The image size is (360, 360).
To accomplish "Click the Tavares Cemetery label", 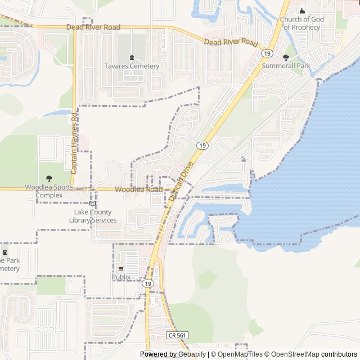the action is pyautogui.click(x=132, y=66).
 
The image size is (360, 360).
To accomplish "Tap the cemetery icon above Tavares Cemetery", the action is pyautogui.click(x=132, y=57).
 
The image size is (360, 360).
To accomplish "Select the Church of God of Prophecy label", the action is pyautogui.click(x=301, y=23).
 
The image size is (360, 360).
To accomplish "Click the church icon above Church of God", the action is pyautogui.click(x=301, y=11).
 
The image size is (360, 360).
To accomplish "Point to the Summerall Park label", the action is pyautogui.click(x=286, y=66).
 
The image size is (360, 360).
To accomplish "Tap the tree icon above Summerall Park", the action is pyautogui.click(x=286, y=57).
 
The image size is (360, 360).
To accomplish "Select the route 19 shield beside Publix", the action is pyautogui.click(x=147, y=284).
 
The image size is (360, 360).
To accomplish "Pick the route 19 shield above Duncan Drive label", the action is pyautogui.click(x=202, y=145).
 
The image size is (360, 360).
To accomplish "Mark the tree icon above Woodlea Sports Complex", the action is pyautogui.click(x=49, y=179).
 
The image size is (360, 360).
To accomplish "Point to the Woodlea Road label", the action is pyautogui.click(x=138, y=190).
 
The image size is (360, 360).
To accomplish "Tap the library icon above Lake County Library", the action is pyautogui.click(x=93, y=204).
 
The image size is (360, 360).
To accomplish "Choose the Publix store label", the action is pyautogui.click(x=121, y=277).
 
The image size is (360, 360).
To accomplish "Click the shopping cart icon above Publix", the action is pyautogui.click(x=121, y=269).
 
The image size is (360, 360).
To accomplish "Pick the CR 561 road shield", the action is pyautogui.click(x=177, y=335).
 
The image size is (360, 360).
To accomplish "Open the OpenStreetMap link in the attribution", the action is pyautogui.click(x=291, y=354).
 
